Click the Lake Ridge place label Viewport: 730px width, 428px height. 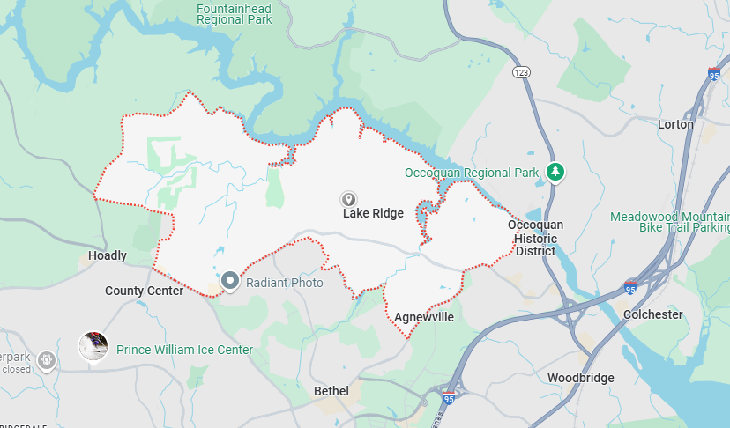click(x=373, y=213)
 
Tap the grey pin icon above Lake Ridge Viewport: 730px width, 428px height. click(x=349, y=199)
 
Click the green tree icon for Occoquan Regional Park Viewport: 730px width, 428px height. click(x=555, y=172)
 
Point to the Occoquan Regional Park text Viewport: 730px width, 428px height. click(x=471, y=173)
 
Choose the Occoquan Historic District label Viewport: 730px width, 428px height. click(x=535, y=238)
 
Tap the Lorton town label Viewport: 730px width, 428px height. click(x=675, y=124)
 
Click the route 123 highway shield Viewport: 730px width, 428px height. click(x=521, y=71)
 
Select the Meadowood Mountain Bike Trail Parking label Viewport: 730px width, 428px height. click(x=670, y=222)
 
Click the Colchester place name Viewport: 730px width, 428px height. click(x=652, y=314)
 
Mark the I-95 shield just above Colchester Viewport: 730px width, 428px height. click(x=629, y=287)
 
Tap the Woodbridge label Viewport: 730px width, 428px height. click(x=580, y=378)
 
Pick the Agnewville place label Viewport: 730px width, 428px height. click(x=423, y=317)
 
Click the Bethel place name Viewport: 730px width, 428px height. click(x=331, y=390)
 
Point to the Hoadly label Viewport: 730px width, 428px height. click(x=108, y=255)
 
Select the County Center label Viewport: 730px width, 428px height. click(x=144, y=291)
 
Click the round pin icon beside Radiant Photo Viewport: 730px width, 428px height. click(x=230, y=282)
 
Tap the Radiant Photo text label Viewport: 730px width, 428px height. click(x=284, y=283)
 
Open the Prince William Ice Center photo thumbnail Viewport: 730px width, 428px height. click(x=93, y=346)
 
